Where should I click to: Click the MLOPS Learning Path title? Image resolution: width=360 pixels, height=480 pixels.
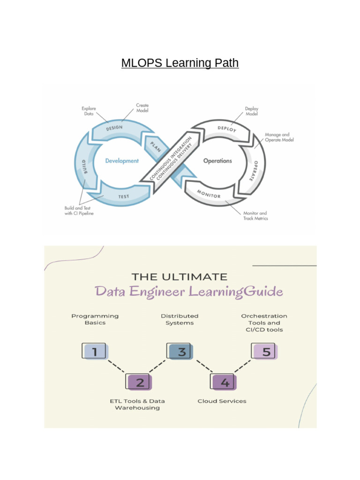(x=180, y=63)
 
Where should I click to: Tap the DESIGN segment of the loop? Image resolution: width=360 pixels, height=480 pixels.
(x=114, y=127)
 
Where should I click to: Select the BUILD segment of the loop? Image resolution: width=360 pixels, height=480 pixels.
(x=85, y=166)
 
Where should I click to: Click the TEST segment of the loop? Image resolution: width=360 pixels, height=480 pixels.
(x=123, y=196)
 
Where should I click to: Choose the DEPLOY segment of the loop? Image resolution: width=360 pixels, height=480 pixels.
(x=227, y=128)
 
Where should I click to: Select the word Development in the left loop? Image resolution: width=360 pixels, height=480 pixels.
(x=122, y=161)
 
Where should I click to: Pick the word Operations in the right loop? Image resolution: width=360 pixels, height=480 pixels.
(x=217, y=161)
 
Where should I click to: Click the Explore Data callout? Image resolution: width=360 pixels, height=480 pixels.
(x=89, y=111)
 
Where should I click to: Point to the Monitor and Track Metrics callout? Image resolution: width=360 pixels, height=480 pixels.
(x=255, y=216)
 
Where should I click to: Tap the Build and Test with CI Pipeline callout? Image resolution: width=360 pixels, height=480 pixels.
(x=79, y=210)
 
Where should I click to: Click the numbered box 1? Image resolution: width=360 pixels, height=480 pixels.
(x=95, y=351)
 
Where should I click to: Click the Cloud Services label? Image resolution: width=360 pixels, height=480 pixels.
(x=222, y=401)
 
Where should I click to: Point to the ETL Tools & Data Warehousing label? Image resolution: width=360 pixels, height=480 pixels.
(x=137, y=405)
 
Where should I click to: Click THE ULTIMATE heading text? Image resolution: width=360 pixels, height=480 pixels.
(x=180, y=277)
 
